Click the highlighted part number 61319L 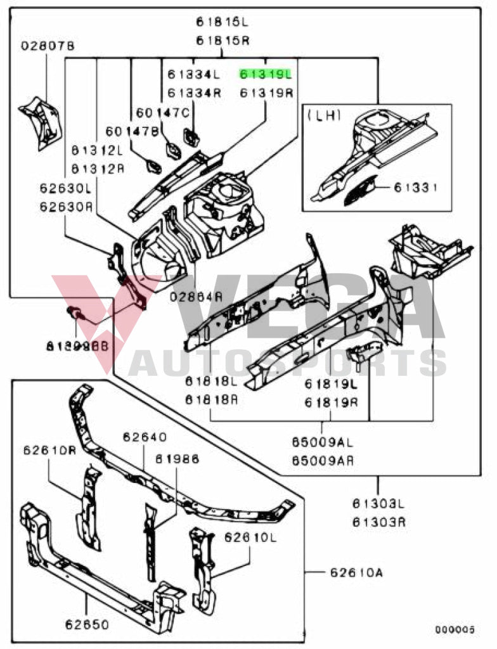pos(266,74)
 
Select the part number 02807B pos(48,46)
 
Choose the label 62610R pos(50,451)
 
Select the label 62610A pos(356,574)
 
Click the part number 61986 pos(177,458)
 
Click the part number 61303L pos(379,504)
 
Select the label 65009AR pos(323,461)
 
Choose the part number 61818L pos(211,382)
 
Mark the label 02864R pos(197,296)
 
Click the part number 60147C pos(163,113)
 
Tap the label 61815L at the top pos(222,22)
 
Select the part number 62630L pos(65,188)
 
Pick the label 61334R pos(194,93)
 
